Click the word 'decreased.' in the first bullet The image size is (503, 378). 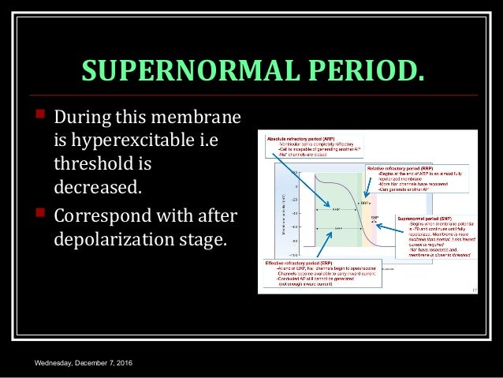pyautogui.click(x=93, y=188)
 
